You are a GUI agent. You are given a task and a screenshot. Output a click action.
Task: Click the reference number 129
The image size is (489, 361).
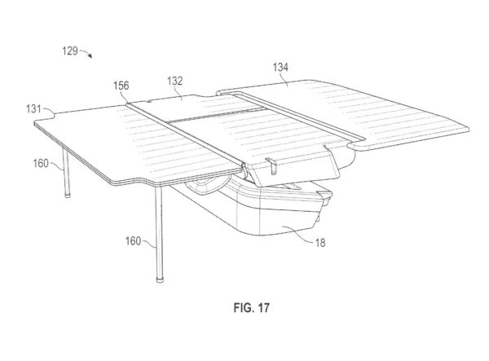click(x=70, y=51)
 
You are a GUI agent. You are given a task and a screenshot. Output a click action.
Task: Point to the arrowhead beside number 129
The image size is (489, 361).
click(x=90, y=55)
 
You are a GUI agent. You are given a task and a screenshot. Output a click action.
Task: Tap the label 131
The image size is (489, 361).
click(x=33, y=109)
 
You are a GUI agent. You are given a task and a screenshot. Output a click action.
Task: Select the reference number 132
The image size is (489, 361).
click(x=174, y=81)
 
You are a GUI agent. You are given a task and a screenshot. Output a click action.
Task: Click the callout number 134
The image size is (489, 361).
click(x=280, y=68)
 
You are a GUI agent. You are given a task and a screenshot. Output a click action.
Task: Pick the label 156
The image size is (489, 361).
click(x=121, y=86)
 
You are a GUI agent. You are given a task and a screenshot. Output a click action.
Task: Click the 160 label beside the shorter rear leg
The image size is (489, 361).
click(x=41, y=163)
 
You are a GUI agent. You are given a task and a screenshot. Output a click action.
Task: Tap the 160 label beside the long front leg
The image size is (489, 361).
click(x=133, y=241)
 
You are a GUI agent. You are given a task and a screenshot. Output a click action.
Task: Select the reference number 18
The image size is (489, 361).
click(x=320, y=243)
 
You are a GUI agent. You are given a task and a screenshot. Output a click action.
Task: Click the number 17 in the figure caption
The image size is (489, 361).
click(x=263, y=308)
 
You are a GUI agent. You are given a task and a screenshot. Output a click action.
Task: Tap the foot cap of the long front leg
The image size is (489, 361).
click(x=160, y=280)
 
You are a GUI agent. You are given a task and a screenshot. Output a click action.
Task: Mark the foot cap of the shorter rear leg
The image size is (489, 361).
click(x=68, y=195)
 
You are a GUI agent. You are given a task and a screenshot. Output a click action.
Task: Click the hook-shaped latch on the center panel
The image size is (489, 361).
click(x=272, y=166)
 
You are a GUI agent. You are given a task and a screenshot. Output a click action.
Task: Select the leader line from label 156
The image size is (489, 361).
click(x=125, y=97)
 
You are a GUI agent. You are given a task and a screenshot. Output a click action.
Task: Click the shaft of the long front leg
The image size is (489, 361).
click(x=159, y=231)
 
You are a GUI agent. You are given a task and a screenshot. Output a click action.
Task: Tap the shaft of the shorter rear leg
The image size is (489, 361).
click(x=66, y=171)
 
